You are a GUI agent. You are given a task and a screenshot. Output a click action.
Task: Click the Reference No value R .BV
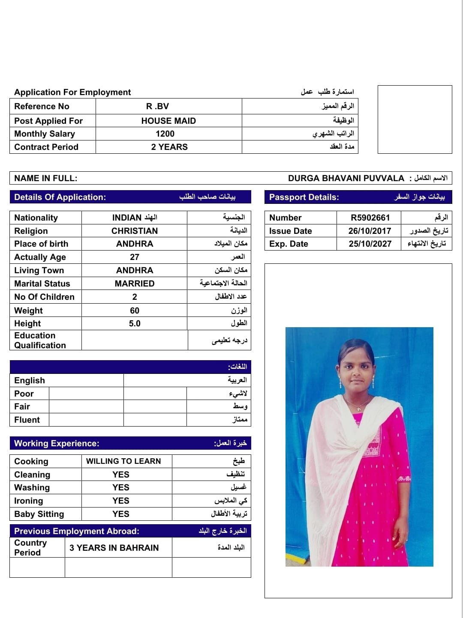157,106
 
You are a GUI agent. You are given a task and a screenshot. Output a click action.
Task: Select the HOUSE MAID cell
168,121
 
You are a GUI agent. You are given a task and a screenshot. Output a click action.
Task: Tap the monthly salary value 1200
165,134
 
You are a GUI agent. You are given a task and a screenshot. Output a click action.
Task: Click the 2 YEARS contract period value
169,147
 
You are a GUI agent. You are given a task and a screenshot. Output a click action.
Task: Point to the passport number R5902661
370,218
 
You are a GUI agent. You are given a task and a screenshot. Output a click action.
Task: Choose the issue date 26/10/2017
370,231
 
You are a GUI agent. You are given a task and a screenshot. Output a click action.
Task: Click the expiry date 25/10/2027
370,244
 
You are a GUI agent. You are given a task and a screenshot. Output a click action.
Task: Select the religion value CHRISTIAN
135,231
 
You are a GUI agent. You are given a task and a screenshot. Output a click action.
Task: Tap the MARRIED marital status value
135,284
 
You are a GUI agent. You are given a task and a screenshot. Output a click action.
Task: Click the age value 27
135,257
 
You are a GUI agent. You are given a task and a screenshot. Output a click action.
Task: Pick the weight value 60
135,310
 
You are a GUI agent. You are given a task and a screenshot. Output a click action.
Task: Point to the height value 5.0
135,323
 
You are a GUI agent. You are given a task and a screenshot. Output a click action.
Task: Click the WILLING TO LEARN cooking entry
123,461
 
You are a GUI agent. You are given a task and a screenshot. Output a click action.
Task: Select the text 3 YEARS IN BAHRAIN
114,548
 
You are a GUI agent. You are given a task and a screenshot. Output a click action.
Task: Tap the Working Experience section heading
57,443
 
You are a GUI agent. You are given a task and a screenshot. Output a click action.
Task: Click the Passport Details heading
304,197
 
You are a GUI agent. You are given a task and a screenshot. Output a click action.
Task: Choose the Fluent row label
27,420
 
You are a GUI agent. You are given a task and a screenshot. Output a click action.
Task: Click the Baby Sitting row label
39,514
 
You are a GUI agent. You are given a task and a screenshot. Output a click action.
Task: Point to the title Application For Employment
72,92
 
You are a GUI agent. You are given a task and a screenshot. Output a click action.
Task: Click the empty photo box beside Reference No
415,119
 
